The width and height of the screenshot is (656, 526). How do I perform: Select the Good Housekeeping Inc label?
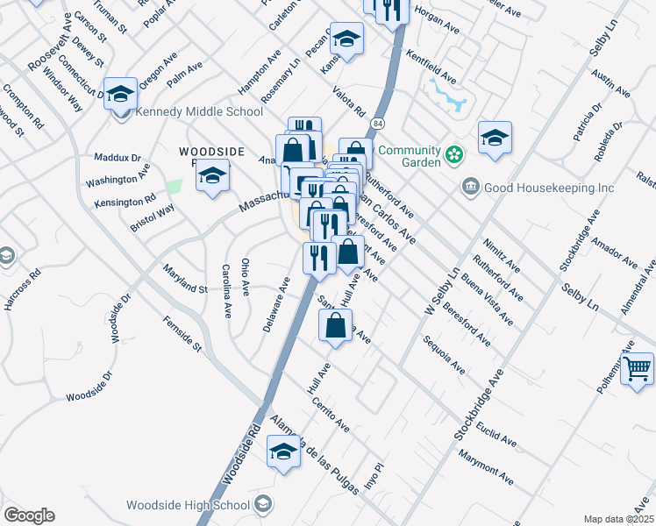527,187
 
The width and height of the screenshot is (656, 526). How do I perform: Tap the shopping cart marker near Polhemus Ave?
638,368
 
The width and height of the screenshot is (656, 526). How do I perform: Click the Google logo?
29,515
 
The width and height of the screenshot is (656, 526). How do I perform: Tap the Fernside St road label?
182,335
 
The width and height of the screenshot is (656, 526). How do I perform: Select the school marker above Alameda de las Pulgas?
283,453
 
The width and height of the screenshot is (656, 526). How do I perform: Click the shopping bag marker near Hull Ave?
336,326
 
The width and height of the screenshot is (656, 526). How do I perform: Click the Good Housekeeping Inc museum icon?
471,187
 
